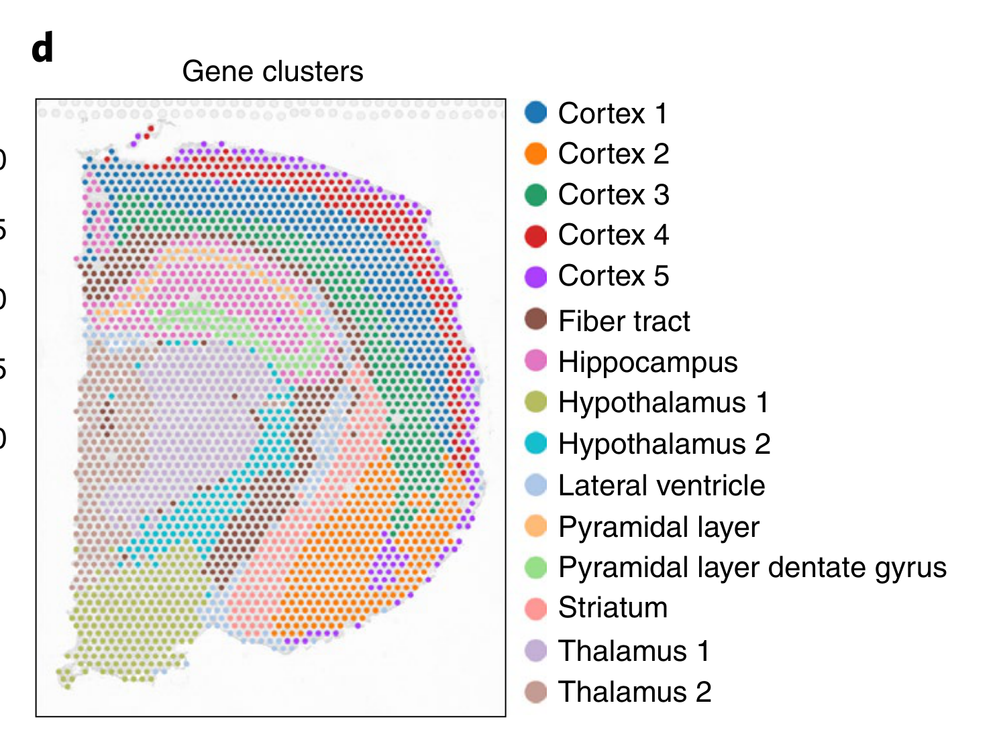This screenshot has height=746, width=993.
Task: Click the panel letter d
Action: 42,49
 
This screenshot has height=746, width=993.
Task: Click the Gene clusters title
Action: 272,72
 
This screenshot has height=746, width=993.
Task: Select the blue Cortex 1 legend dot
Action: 536,113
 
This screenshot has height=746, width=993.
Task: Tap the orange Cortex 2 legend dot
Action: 536,153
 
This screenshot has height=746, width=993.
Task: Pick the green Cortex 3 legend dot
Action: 536,194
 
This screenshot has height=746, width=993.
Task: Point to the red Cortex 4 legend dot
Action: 536,235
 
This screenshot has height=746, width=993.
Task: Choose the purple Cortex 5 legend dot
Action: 536,276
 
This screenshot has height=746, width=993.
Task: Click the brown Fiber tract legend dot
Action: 536,320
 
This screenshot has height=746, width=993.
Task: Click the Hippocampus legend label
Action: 647,363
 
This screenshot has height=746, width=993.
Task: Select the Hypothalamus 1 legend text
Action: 663,403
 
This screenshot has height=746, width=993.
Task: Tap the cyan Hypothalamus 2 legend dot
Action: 536,443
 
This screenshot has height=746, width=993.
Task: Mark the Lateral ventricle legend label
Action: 661,485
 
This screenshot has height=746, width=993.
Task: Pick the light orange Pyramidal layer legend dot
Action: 536,526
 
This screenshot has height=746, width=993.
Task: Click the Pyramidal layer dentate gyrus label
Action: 752,568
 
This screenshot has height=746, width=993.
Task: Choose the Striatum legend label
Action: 613,608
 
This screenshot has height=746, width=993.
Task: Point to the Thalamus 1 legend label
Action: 633,651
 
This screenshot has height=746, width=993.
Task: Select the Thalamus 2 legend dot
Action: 536,692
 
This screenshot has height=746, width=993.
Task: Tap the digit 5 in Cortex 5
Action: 662,276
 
